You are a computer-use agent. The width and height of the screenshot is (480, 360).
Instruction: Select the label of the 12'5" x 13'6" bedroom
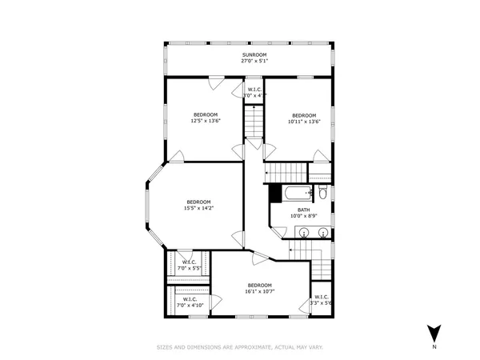206,114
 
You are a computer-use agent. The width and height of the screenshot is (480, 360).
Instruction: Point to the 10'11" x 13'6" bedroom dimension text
303,121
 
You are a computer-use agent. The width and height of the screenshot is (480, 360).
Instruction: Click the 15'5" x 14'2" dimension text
199,208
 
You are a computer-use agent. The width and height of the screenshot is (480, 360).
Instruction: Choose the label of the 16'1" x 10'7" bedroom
260,286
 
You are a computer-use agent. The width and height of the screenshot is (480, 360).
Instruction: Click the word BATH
304,210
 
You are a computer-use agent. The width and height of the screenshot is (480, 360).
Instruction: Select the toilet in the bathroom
322,193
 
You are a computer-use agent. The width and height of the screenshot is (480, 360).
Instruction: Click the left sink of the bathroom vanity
305,232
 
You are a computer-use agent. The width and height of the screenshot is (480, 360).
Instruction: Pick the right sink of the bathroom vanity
322,232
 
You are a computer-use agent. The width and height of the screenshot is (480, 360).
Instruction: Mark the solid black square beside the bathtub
275,193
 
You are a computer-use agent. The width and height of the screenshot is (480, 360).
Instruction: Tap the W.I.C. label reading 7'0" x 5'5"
190,265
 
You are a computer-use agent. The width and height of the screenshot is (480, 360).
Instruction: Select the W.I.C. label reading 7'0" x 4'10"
190,302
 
